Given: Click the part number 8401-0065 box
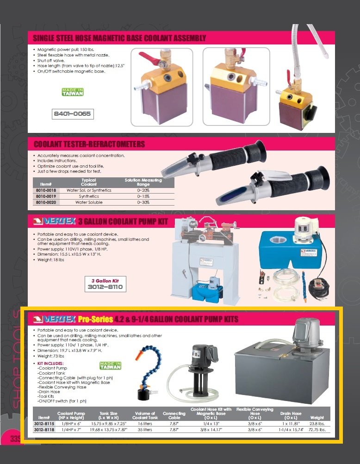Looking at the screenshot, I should (73, 113).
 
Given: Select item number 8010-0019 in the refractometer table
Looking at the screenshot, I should (46, 196).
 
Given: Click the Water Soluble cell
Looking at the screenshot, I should (89, 202).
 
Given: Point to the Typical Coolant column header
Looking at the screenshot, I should (89, 182).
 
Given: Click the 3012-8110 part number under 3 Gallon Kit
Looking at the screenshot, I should (106, 287).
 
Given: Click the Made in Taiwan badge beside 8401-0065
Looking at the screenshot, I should (73, 92).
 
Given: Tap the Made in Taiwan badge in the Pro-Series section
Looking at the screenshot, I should (110, 366).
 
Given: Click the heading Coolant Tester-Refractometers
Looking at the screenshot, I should (89, 144).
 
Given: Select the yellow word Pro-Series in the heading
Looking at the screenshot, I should (95, 319).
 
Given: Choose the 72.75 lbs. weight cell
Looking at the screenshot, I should (317, 430).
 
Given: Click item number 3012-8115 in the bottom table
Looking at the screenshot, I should (44, 423).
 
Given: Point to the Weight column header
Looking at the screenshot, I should (317, 417).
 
